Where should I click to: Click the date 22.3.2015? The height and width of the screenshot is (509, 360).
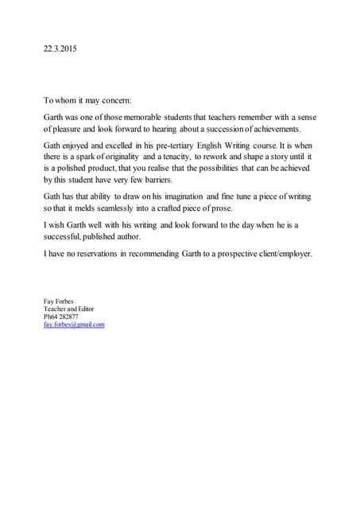(x=60, y=49)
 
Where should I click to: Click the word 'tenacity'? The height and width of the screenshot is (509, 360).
(x=186, y=158)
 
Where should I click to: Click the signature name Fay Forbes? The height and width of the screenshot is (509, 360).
(x=58, y=301)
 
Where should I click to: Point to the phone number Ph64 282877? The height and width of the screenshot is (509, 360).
(x=60, y=317)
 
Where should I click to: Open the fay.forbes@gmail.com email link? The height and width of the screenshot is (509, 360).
(x=74, y=324)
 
